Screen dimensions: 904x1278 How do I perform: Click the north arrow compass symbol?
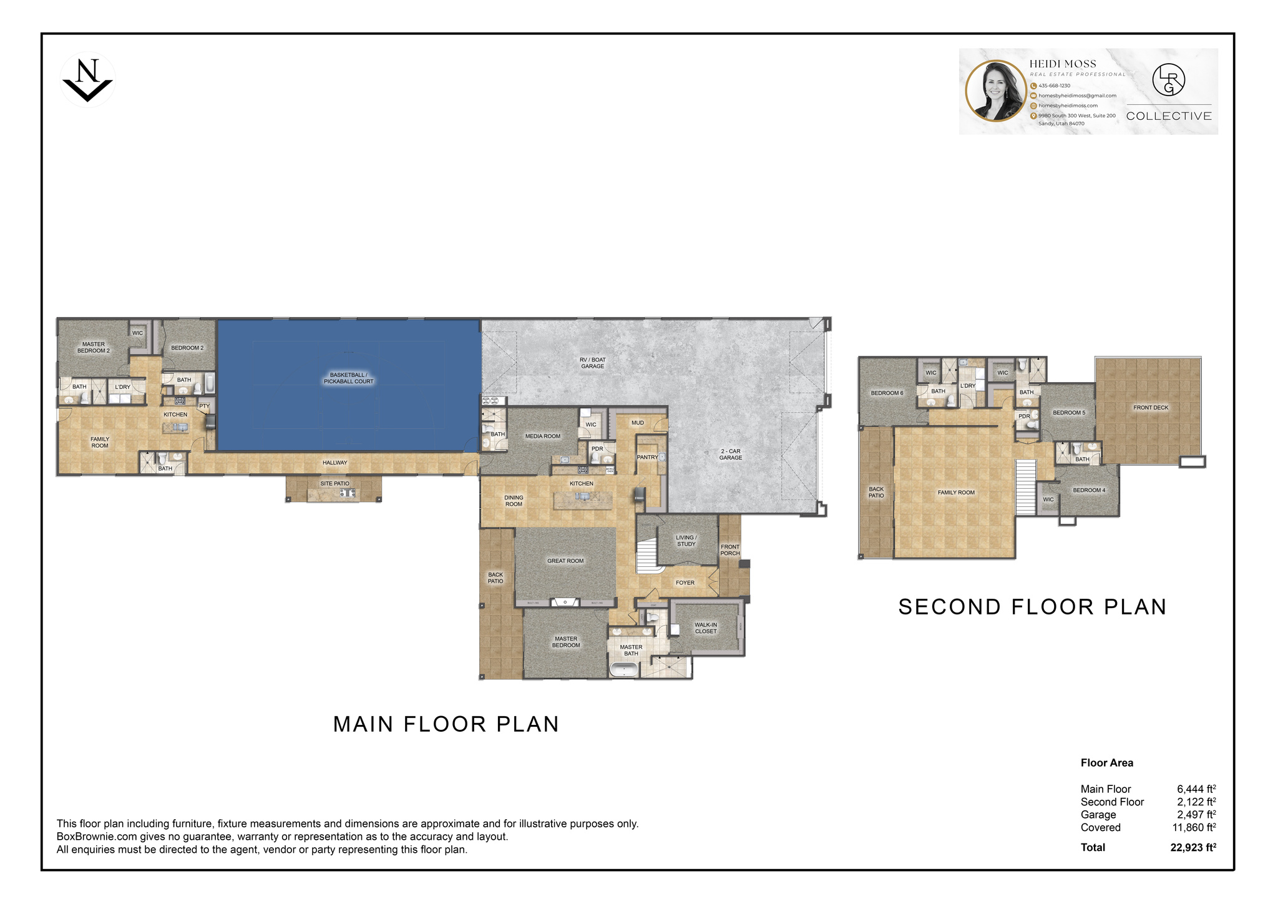coord(87,81)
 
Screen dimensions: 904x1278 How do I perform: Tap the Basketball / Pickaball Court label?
coord(348,378)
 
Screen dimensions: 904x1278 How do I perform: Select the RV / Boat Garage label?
coord(592,363)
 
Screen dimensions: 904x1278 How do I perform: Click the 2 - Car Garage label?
coord(730,454)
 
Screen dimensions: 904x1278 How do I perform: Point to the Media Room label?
coord(542,436)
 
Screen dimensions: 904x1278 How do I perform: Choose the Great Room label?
coord(565,561)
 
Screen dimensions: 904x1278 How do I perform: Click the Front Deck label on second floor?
coord(1151,408)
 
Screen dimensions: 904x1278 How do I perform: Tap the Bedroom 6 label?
coord(887,393)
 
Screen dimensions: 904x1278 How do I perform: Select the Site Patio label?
coord(334,484)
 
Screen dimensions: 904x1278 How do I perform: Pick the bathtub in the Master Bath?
coord(623,671)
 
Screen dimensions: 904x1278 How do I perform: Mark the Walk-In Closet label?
coord(706,628)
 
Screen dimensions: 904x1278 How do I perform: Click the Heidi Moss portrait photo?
coord(997,91)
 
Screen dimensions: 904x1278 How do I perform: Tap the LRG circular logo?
coord(1168,81)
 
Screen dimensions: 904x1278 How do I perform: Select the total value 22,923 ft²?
coord(1193,848)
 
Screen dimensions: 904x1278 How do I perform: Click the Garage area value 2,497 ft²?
coord(1196,815)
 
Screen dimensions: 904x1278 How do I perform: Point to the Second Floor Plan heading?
coord(1032,607)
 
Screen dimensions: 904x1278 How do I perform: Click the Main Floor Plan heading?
coord(446,724)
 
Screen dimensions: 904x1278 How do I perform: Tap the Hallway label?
coord(334,463)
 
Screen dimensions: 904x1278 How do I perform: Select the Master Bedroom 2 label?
coord(94,348)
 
